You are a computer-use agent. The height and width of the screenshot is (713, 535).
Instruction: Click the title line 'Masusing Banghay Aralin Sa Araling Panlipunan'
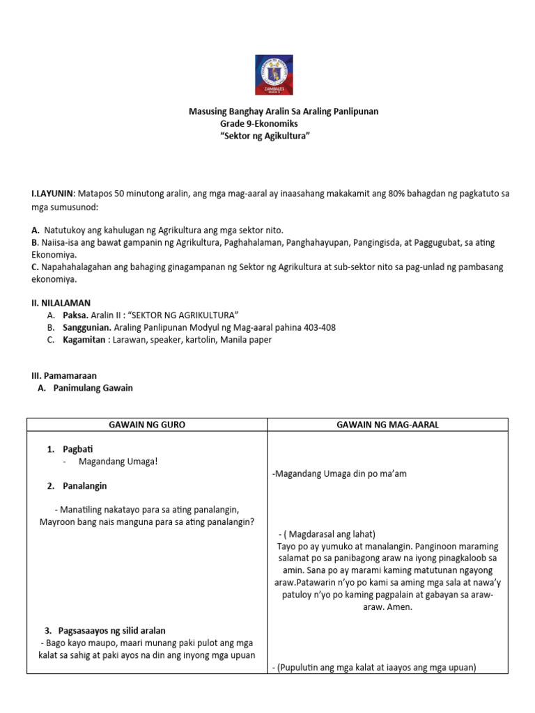[284, 111]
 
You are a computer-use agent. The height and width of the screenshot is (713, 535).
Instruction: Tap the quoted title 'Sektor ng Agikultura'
[264, 136]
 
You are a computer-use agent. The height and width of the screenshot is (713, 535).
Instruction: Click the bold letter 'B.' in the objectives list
[35, 242]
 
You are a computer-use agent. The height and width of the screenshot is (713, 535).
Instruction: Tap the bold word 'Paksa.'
[77, 315]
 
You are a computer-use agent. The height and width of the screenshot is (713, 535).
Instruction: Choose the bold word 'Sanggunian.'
[87, 327]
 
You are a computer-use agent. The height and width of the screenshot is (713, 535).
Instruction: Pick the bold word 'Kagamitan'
[84, 340]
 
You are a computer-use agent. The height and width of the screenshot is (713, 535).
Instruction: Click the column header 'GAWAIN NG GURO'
[147, 425]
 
